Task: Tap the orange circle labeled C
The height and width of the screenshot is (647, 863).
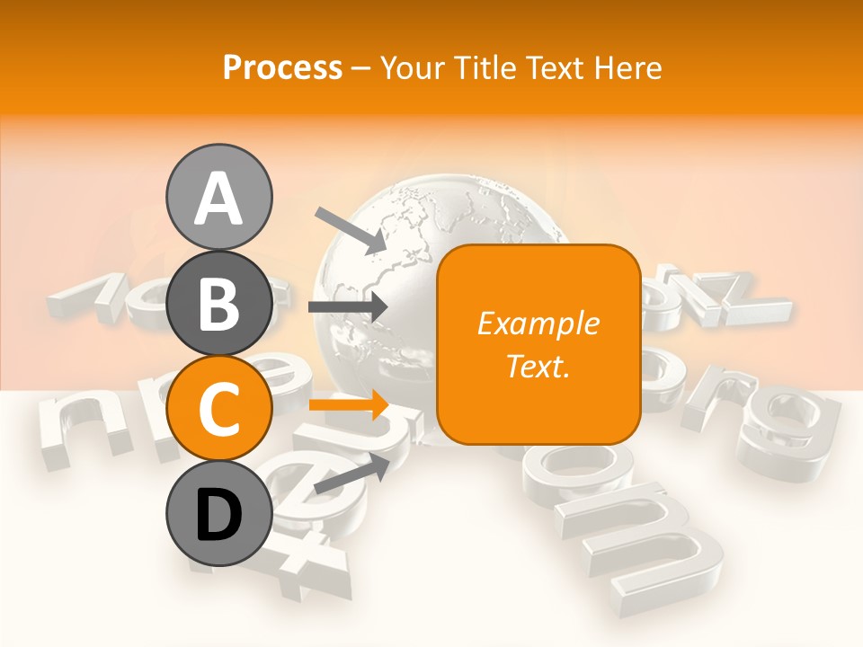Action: (x=219, y=410)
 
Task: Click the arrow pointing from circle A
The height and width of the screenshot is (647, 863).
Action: (x=351, y=230)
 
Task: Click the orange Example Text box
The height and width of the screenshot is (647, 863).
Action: (x=538, y=344)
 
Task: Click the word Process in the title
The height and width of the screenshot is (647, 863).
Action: (x=282, y=67)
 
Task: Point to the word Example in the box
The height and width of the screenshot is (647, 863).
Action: (x=538, y=323)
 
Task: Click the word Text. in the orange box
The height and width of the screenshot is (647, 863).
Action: (x=538, y=366)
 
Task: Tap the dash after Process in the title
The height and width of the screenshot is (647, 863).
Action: (x=360, y=68)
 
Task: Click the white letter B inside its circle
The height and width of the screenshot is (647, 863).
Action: (x=219, y=304)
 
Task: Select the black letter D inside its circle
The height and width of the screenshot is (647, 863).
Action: (x=219, y=516)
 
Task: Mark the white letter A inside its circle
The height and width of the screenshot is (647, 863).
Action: (x=219, y=198)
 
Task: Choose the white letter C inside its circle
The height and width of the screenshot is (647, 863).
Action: (x=219, y=410)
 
